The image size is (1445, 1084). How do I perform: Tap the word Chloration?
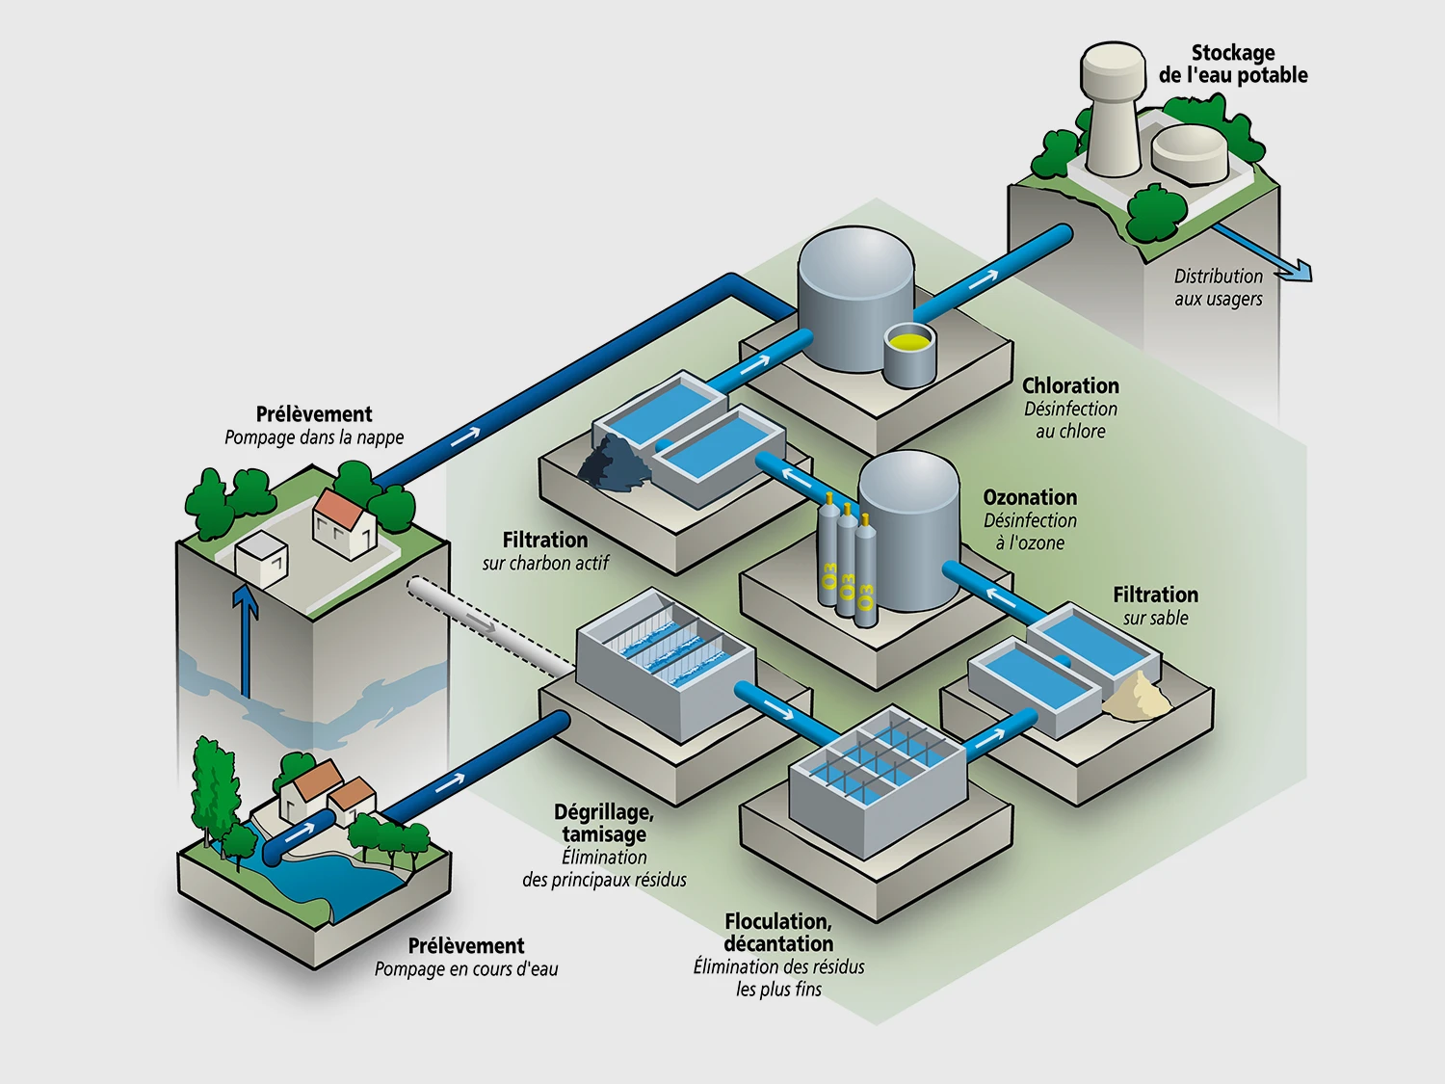pyautogui.click(x=1070, y=385)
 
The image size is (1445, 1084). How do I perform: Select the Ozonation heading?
pyautogui.click(x=1030, y=497)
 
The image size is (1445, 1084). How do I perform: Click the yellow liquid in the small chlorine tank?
pyautogui.click(x=909, y=340)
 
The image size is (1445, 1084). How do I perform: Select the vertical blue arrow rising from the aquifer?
pyautogui.click(x=247, y=636)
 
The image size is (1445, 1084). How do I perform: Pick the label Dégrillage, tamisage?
pyautogui.click(x=604, y=823)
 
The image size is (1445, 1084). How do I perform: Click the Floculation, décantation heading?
pyautogui.click(x=778, y=932)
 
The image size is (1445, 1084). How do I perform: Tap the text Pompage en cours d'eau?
pyautogui.click(x=466, y=969)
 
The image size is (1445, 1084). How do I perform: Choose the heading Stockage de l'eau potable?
pyautogui.click(x=1233, y=64)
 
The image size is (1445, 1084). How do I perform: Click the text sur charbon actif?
pyautogui.click(x=545, y=563)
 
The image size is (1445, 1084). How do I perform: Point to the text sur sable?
pyautogui.click(x=1155, y=618)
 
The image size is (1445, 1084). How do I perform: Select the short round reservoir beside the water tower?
pyautogui.click(x=1191, y=152)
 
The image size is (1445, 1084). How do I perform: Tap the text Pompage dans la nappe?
pyautogui.click(x=314, y=437)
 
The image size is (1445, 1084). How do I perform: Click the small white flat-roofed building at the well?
pyautogui.click(x=261, y=559)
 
